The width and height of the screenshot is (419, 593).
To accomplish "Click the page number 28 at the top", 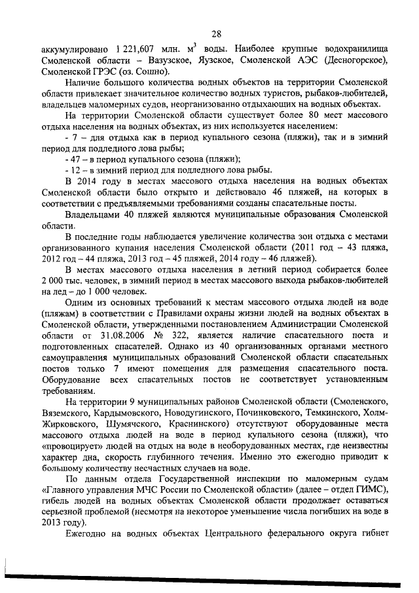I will tap(217, 34).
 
